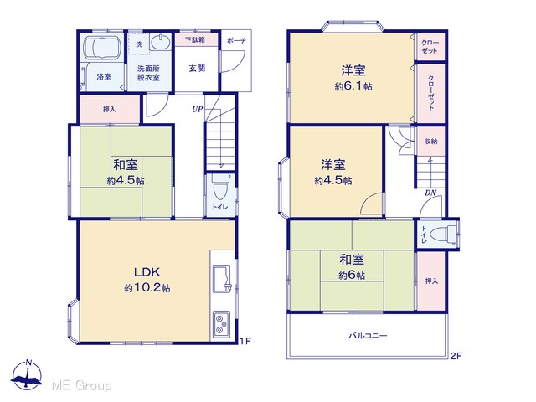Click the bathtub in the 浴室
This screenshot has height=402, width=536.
(x=102, y=47)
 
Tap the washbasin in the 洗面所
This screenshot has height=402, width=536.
(x=161, y=42)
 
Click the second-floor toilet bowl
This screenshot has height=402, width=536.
(x=443, y=234)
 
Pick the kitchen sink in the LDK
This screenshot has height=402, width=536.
(x=222, y=279)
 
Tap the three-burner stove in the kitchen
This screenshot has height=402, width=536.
(x=221, y=324)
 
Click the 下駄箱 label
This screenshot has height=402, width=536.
(x=195, y=40)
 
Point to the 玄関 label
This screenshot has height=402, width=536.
(x=197, y=69)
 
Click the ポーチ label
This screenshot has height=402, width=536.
(x=236, y=41)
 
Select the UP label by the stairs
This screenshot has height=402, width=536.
(x=198, y=110)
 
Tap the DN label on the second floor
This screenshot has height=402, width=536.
(x=430, y=193)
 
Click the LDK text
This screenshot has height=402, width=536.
(x=147, y=272)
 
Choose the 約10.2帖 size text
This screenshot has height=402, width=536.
(x=147, y=288)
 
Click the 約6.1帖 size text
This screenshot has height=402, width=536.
(x=353, y=86)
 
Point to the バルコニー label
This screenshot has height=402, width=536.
(x=368, y=336)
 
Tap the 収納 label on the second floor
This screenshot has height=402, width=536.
(x=430, y=141)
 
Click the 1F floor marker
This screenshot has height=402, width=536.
(x=245, y=341)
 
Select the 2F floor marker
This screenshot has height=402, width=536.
(x=456, y=356)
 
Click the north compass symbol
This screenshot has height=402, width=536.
(x=27, y=374)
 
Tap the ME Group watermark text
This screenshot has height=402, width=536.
(x=81, y=385)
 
